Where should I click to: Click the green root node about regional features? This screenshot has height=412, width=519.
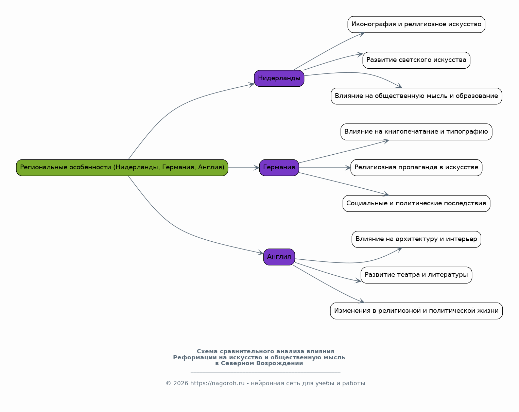pos(122,168)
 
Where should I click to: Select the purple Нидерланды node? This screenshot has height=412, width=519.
pos(279,79)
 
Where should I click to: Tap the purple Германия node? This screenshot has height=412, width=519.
pos(279,168)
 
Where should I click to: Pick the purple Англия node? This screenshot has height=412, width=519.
pos(279,257)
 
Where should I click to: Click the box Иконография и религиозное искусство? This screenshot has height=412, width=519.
pos(416,24)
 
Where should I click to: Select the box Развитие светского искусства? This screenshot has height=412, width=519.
pos(416,60)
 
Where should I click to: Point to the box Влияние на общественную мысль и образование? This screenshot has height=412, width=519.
pos(416,96)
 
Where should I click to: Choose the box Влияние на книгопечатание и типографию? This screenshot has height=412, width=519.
pos(416,132)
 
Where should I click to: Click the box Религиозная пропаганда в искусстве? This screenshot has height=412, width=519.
pos(416,168)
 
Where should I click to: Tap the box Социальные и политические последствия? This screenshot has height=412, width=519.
pos(416,204)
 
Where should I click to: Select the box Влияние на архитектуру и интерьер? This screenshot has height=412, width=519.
pos(416,239)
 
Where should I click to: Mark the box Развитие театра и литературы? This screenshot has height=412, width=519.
pos(416,275)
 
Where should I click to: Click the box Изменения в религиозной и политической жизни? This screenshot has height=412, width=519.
pos(416,311)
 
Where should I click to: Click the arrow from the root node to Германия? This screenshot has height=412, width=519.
pos(244,168)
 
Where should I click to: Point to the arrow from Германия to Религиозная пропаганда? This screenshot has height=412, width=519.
pos(325,168)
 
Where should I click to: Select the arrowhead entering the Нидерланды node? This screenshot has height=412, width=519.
pos(252,85)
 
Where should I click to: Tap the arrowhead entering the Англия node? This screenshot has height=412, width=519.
pos(261,253)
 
